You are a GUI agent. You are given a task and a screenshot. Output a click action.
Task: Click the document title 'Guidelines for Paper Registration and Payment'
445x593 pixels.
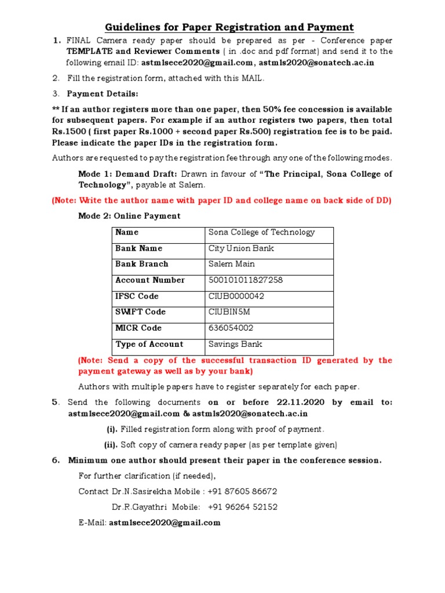(229, 27)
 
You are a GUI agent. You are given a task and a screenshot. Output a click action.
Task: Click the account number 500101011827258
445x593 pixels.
(246, 280)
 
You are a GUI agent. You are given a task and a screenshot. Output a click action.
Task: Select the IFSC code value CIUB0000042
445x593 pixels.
(236, 296)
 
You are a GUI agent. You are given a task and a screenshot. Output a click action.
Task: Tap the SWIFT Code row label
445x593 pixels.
(141, 312)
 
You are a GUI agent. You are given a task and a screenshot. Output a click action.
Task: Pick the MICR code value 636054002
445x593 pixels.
(231, 328)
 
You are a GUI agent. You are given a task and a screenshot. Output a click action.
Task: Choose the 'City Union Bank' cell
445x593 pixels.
(241, 248)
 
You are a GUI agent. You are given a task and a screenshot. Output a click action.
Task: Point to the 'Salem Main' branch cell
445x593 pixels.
(232, 264)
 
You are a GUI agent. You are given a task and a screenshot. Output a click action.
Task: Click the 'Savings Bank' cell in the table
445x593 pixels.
(235, 344)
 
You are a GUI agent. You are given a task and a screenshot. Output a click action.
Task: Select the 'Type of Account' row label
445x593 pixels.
(149, 344)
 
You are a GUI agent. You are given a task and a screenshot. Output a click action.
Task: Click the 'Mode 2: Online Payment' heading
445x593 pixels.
(129, 216)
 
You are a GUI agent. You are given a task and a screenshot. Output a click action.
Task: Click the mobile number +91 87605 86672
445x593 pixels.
(242, 491)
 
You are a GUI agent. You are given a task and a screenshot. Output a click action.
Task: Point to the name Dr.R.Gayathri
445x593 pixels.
(138, 507)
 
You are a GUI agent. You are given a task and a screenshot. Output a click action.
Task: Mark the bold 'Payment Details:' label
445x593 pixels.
(103, 94)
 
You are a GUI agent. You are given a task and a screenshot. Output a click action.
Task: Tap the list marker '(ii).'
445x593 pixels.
(111, 445)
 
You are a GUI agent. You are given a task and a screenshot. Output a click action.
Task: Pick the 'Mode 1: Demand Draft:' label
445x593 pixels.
(128, 174)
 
